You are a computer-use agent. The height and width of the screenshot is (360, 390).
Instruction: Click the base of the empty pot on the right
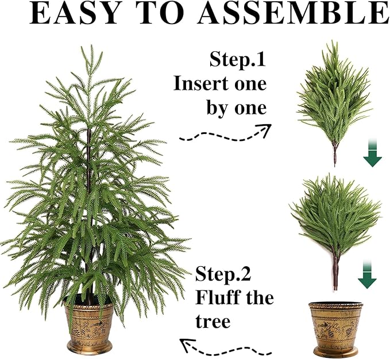pos(336,351)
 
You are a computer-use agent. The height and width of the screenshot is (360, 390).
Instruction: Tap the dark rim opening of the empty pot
pos(336,305)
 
